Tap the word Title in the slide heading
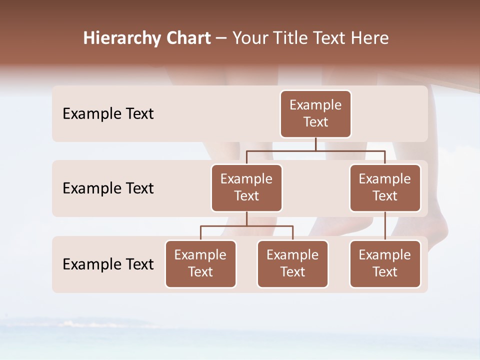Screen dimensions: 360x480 point(291,38)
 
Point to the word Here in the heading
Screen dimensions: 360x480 point(370,38)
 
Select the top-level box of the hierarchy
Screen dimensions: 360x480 point(315,113)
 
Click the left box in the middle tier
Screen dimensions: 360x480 point(246,187)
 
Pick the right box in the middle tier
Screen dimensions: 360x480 point(385,187)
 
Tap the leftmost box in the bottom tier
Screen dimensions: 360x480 point(200,263)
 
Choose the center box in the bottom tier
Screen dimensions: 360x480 point(292,263)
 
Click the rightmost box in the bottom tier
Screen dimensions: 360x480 point(385,263)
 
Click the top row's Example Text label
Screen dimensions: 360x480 point(108,114)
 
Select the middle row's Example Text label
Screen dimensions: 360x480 point(108,188)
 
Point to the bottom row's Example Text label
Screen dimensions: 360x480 point(108,264)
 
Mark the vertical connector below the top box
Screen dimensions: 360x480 point(315,144)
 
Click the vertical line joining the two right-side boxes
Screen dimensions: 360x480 point(385,226)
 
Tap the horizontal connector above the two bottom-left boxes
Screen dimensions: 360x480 point(246,226)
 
